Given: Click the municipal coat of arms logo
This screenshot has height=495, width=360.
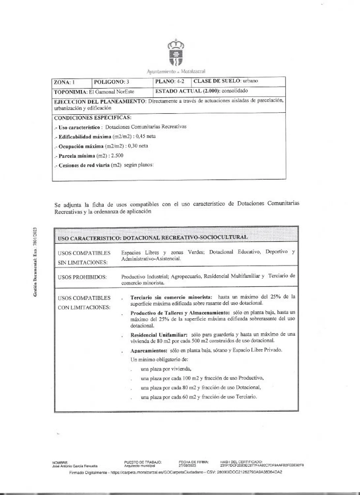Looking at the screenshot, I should click(x=176, y=52).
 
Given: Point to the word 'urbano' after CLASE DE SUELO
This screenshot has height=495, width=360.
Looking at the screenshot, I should click(x=250, y=81).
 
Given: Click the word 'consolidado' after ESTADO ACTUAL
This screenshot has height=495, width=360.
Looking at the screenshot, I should click(x=235, y=91).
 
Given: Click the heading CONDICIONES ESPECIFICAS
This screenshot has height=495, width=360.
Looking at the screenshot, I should click(x=92, y=117).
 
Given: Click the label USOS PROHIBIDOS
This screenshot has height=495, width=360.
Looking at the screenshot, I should click(x=82, y=277).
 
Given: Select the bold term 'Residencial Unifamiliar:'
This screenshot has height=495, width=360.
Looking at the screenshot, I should click(x=159, y=335).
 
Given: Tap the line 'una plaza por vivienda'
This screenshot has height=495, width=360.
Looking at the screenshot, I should click(x=166, y=369).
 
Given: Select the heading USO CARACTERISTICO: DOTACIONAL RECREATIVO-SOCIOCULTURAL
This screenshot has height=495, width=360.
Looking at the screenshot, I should click(x=152, y=238).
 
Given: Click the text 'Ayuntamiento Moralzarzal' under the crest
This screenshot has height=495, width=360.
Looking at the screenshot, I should click(x=176, y=71).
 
